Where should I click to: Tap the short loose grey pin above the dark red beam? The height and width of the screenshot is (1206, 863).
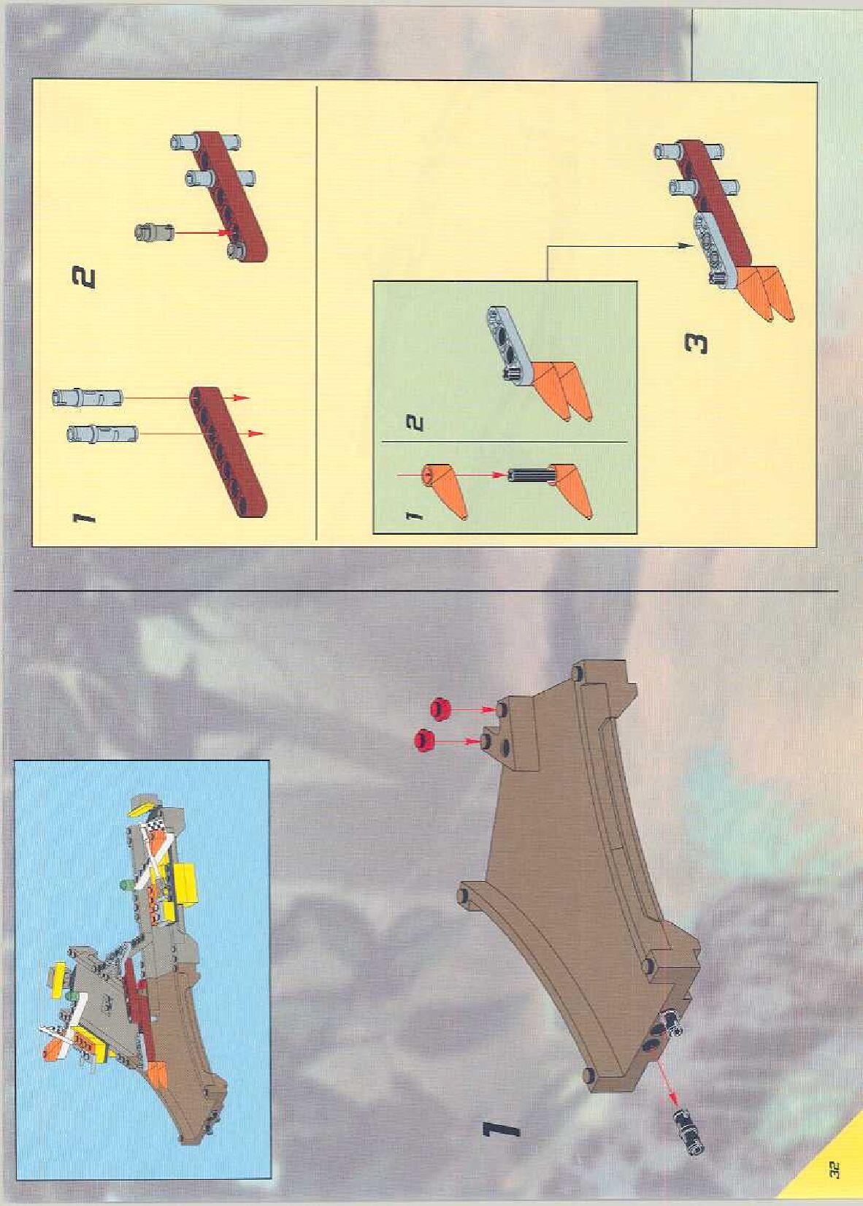click(153, 232)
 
